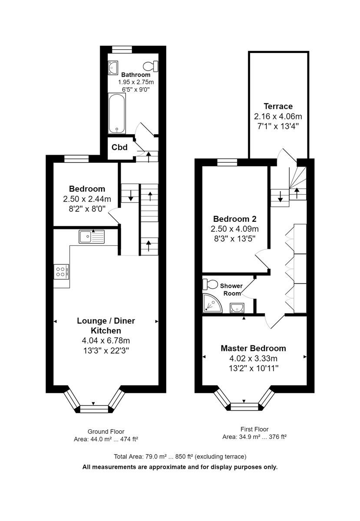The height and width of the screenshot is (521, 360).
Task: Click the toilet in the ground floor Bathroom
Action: [150, 66]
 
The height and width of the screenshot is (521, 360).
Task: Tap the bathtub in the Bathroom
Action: [117, 113]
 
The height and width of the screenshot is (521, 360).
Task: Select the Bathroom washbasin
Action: [113, 68]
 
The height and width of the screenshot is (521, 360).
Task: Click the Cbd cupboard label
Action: [119, 147]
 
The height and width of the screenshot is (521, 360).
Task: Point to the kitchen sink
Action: [92, 237]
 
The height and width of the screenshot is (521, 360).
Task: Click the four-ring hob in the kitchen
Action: [61, 271]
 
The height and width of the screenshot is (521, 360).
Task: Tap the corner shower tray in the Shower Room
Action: [212, 303]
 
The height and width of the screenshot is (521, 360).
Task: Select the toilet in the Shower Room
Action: [210, 284]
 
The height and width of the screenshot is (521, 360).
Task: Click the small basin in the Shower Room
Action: [237, 308]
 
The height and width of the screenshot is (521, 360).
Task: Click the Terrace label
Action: [278, 106]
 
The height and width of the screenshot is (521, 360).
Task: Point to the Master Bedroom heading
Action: [253, 348]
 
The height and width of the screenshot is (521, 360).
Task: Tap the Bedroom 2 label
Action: [235, 219]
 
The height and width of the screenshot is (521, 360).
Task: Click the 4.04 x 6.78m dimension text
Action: [106, 340]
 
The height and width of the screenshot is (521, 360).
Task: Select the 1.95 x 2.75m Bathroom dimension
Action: [136, 82]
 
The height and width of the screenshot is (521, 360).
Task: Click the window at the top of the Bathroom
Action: [122, 49]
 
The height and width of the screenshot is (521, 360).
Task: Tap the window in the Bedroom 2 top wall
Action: [227, 162]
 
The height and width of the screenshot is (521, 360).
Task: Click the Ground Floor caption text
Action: [106, 432]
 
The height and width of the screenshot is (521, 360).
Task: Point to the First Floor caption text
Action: [254, 429]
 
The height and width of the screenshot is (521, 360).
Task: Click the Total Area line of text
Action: [180, 457]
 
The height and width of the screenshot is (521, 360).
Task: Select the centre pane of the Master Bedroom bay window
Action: [244, 406]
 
